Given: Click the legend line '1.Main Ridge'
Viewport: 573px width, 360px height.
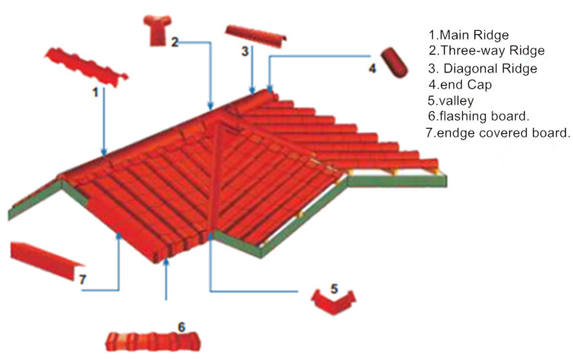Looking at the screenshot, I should coord(469,35).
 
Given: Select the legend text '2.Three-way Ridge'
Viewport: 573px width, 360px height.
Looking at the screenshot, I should coord(486,51).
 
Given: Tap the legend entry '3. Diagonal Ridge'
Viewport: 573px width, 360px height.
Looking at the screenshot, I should coord(483,68).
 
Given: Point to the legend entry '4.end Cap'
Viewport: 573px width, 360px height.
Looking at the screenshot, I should coord(460,84).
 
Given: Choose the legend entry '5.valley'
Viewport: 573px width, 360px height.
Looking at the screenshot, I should coord(450,101).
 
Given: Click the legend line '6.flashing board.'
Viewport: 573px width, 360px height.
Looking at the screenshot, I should coord(478,116).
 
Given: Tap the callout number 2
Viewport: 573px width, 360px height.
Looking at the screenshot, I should coord(175,41).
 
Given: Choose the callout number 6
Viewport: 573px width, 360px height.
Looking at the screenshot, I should coord(182,327).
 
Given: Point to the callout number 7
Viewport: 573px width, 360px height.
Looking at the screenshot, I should coord(82,280).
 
